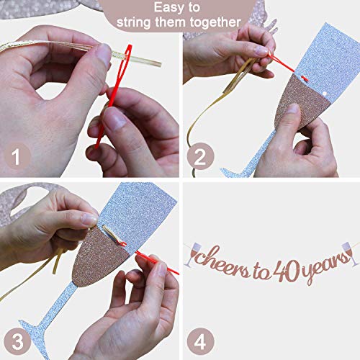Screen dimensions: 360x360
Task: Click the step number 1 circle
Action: click(16, 156)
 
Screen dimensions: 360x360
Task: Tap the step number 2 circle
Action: click(200, 156)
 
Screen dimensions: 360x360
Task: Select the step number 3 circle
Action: click(17, 341)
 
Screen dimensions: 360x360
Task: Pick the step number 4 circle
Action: click(200, 341)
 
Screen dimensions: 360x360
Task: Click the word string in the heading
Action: click(134, 22)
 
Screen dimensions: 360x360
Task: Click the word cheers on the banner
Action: click(220, 261)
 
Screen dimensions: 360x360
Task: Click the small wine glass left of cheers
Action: click(193, 254)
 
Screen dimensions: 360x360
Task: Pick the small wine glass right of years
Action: click(350, 254)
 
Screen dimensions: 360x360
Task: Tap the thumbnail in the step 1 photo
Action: click(104, 53)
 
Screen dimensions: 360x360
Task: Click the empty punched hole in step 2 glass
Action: click(325, 94)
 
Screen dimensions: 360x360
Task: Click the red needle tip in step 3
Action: click(177, 273)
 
